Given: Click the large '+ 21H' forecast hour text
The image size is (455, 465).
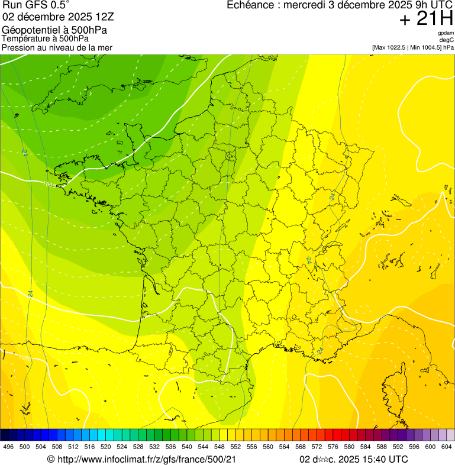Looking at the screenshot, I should [x=426, y=19].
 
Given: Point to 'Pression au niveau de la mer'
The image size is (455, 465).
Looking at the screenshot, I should [x=57, y=47].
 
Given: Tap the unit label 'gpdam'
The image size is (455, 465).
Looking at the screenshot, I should [x=446, y=33].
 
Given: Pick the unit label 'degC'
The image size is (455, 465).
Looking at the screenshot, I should [x=447, y=40].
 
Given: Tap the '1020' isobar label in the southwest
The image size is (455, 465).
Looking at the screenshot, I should [x=24, y=358].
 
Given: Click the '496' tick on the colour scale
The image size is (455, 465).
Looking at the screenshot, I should [x=8, y=447].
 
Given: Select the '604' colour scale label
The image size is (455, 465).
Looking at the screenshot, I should [x=446, y=447].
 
